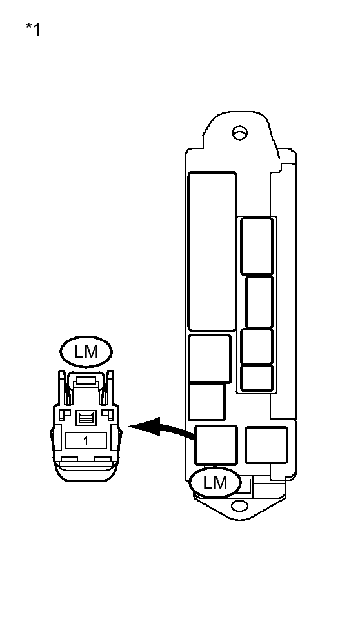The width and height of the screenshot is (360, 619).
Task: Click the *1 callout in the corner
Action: click(x=33, y=29)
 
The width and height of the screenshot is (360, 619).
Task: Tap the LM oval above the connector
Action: click(x=86, y=351)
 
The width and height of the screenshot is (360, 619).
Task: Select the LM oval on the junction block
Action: click(x=215, y=482)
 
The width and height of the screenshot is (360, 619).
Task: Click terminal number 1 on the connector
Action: click(x=86, y=441)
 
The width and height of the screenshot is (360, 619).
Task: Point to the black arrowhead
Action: click(x=145, y=427)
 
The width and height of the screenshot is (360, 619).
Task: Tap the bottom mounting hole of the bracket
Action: click(x=239, y=505)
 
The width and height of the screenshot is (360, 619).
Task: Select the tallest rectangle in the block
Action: click(x=212, y=252)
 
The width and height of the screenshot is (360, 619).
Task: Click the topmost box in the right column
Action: click(x=257, y=245)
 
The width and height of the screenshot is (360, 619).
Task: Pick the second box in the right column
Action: click(x=259, y=302)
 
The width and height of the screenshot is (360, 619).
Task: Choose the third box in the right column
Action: click(x=257, y=346)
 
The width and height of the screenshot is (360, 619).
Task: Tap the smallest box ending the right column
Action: click(x=257, y=378)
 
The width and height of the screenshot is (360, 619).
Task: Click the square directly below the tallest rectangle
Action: click(x=210, y=358)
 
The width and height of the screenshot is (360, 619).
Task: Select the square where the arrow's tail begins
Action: click(x=216, y=445)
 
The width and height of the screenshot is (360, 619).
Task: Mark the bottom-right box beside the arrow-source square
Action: click(x=266, y=445)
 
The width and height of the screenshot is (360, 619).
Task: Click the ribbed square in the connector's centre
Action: click(x=86, y=418)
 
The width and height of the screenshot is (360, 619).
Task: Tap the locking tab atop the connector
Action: click(x=86, y=381)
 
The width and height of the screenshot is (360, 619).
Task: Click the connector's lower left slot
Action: click(x=68, y=460)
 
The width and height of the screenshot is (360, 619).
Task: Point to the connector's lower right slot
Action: click(x=103, y=460)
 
